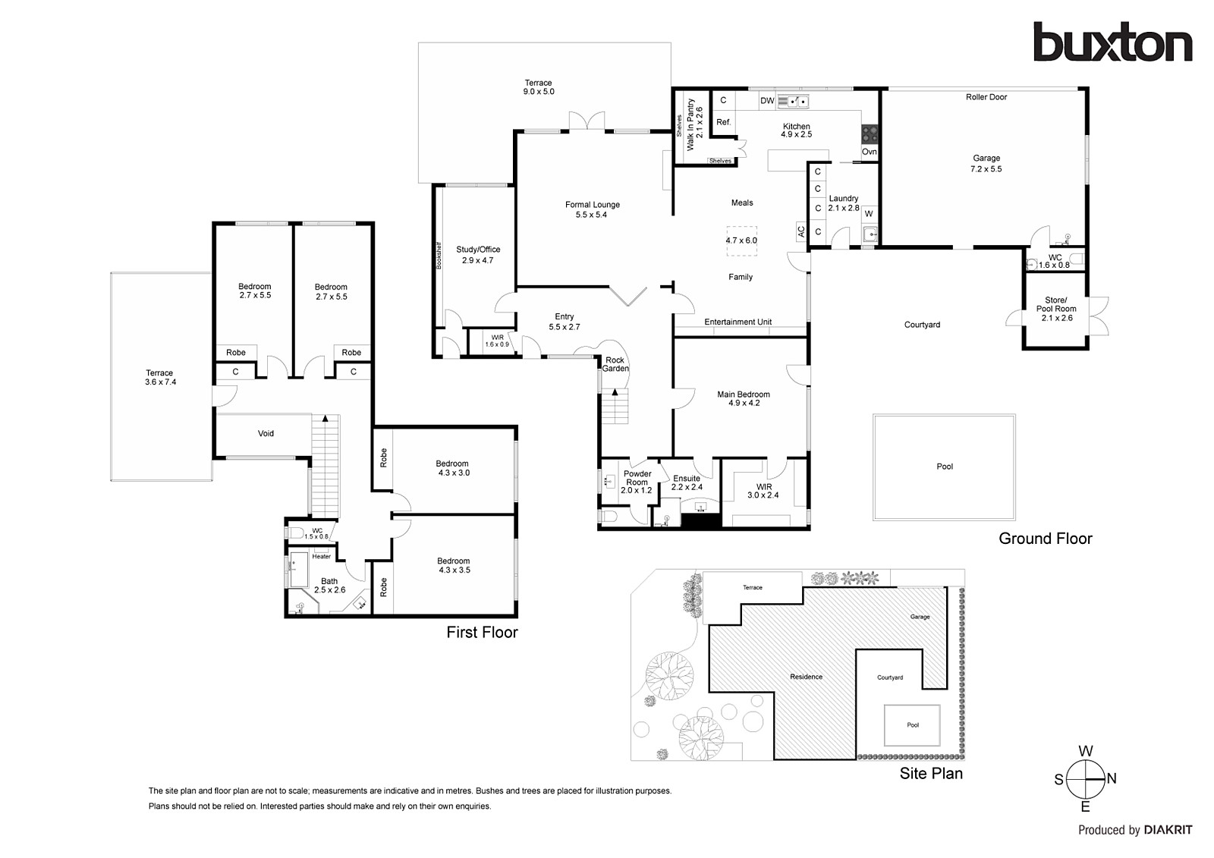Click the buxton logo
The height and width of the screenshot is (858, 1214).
pyautogui.click(x=1112, y=42)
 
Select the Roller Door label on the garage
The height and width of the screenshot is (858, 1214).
pyautogui.click(x=986, y=97)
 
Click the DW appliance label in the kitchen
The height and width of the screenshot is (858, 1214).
pyautogui.click(x=767, y=101)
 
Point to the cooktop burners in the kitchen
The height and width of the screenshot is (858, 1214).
pyautogui.click(x=870, y=134)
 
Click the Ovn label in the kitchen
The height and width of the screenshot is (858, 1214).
pyautogui.click(x=870, y=152)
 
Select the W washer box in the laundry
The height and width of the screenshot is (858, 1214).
pyautogui.click(x=869, y=214)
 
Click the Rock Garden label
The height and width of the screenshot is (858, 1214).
pyautogui.click(x=615, y=364)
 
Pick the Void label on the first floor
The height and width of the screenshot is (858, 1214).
pyautogui.click(x=266, y=434)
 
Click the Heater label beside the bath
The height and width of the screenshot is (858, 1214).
pyautogui.click(x=322, y=556)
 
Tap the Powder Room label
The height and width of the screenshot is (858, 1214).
pyautogui.click(x=637, y=477)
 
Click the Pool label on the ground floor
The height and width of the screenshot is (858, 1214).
pyautogui.click(x=945, y=467)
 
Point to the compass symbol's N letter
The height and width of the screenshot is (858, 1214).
pyautogui.click(x=1112, y=779)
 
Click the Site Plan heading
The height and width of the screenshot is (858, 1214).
pyautogui.click(x=931, y=774)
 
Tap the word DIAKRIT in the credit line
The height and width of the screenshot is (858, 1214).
pyautogui.click(x=1168, y=831)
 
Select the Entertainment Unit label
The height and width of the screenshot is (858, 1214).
pyautogui.click(x=738, y=322)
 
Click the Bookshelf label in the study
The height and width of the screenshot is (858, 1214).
pyautogui.click(x=439, y=256)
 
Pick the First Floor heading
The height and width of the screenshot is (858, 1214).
pyautogui.click(x=482, y=633)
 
